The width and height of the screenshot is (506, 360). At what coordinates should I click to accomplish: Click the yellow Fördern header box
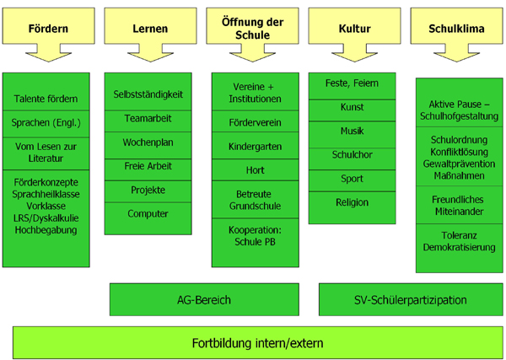48,26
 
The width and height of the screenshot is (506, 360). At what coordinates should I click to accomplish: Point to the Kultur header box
355,26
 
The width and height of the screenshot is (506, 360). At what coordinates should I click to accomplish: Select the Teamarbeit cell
148,121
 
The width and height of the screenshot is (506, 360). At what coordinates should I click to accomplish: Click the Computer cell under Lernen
148,218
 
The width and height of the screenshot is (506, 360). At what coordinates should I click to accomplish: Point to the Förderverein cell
256,121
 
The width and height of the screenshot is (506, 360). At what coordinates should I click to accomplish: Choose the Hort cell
256,169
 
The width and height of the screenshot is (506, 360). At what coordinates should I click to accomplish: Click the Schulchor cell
352,159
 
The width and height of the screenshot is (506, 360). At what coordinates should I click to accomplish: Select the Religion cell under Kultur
352,207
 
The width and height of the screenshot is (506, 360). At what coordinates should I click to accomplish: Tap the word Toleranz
460,235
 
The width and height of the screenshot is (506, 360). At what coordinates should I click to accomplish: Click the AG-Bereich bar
204,299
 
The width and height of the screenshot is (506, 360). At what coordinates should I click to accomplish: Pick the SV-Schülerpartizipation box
411,299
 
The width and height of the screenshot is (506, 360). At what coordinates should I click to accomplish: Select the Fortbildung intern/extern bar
258,342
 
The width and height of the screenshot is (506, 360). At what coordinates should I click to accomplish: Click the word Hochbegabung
46,230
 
